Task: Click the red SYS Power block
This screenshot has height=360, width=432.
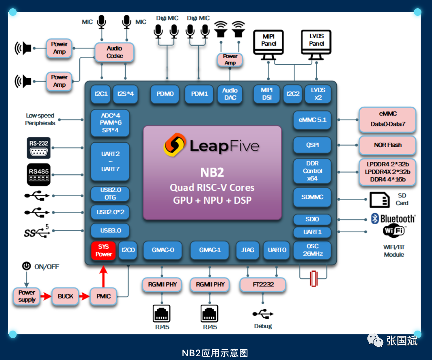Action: point(103,251)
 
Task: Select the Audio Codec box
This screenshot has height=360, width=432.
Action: point(114,52)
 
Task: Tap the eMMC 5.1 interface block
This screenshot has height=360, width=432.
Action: point(312,120)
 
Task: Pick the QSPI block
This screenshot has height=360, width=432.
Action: point(312,145)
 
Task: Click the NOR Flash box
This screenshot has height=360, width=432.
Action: point(387,145)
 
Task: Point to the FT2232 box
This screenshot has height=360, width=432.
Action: point(263,285)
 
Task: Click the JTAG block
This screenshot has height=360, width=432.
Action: point(248,250)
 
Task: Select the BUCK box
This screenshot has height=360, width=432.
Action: point(65,296)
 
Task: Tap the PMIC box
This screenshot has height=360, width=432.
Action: point(103,296)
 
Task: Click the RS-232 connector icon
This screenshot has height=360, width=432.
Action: point(39,148)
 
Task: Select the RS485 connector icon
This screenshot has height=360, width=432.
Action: point(39,174)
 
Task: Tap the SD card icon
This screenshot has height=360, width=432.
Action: point(379,200)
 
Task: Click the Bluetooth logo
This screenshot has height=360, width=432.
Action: point(375,218)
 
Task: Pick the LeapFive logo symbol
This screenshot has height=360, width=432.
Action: point(174,144)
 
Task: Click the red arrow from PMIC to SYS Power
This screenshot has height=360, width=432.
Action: point(103,276)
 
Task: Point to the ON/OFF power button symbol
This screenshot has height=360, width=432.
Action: point(26,266)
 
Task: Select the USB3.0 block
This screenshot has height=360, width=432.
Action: point(110,231)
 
